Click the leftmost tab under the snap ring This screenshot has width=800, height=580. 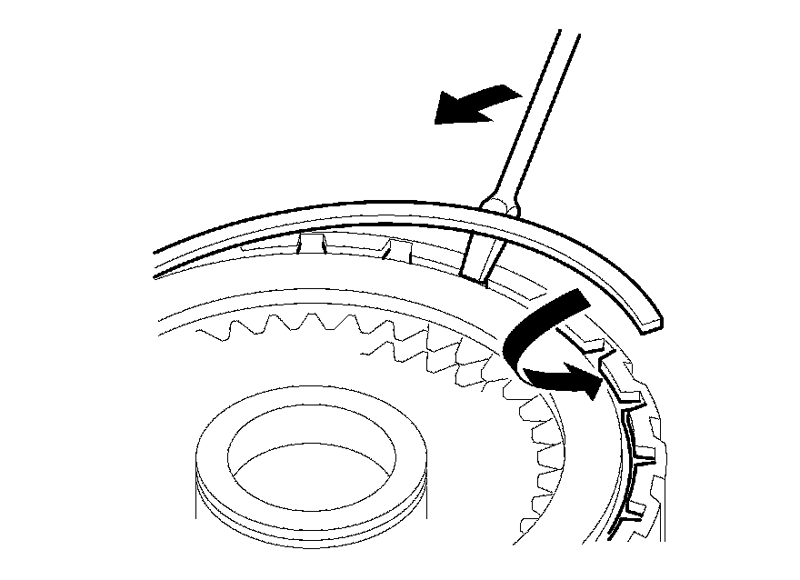pos(308,242)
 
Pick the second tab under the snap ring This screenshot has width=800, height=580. pos(397,247)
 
